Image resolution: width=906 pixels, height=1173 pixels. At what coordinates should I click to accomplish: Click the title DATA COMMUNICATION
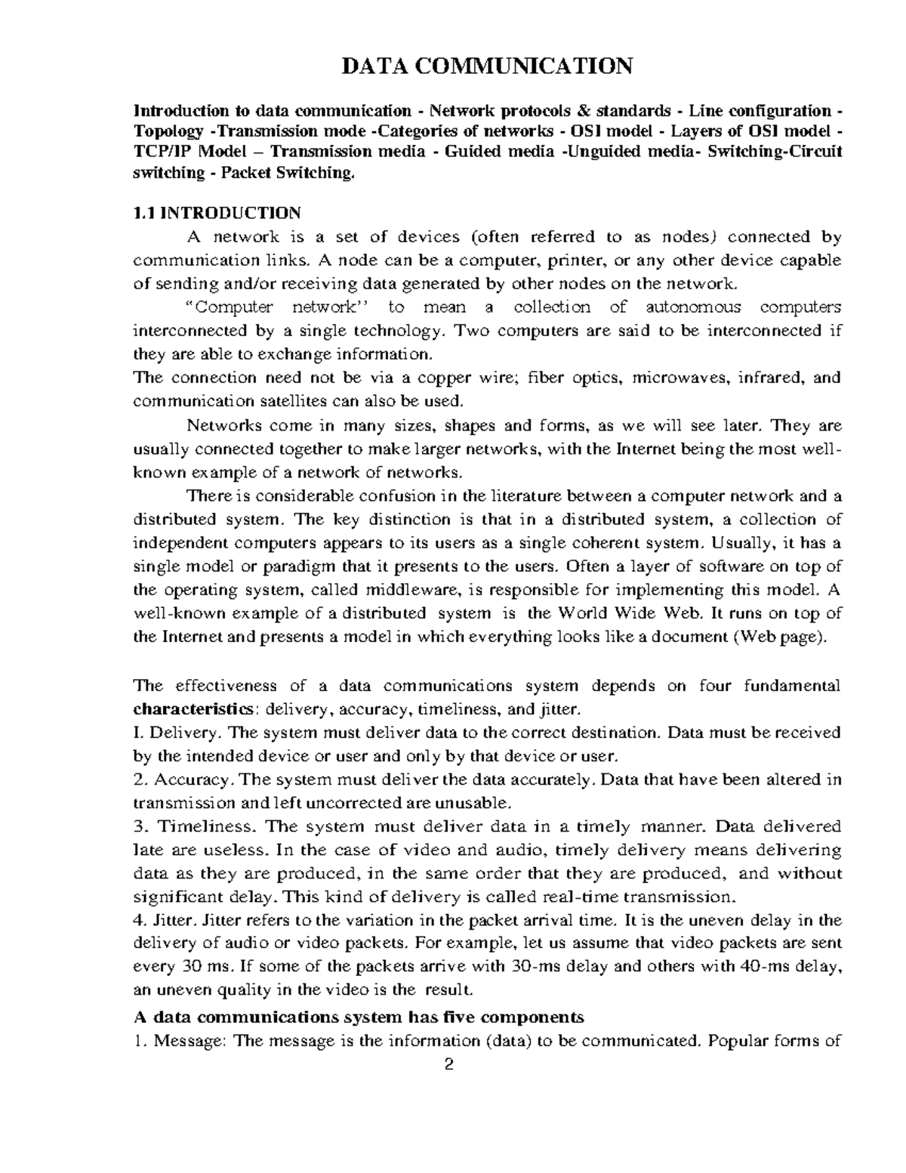487,66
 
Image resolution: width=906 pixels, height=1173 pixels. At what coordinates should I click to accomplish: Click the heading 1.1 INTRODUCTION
217,212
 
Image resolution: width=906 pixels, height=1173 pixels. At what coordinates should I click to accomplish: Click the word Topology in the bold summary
168,131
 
